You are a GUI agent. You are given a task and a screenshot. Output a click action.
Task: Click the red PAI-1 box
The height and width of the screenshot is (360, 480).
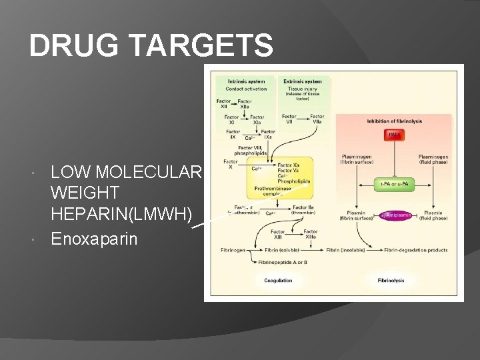coord(395,135)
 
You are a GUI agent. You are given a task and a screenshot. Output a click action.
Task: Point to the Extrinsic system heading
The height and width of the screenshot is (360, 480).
coord(304,82)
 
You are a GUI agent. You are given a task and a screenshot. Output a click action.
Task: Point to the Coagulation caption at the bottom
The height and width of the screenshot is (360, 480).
coord(278,281)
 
